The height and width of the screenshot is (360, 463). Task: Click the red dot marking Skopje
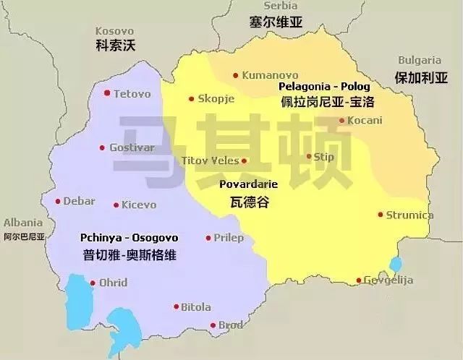tap(191, 99)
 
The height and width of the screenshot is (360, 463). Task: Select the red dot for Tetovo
tap(107, 93)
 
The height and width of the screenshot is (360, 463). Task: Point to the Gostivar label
tap(132, 147)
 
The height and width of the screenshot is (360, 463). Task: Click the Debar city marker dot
tap(57, 201)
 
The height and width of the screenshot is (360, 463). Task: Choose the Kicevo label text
tap(138, 205)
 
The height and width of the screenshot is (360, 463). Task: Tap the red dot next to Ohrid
tap(92, 283)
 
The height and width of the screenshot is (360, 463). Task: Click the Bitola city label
tap(196, 307)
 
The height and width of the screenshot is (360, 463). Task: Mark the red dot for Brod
tap(213, 325)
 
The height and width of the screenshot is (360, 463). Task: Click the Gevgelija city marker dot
tap(358, 280)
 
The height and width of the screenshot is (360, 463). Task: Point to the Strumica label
tap(409, 215)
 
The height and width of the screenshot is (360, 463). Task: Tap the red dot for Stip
tap(310, 156)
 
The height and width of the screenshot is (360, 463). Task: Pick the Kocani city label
tap(365, 120)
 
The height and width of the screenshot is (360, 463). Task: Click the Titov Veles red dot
tap(244, 161)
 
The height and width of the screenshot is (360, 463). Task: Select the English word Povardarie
tap(248, 184)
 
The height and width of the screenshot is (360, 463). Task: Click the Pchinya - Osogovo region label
tap(129, 237)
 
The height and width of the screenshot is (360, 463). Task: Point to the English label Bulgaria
tap(420, 61)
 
